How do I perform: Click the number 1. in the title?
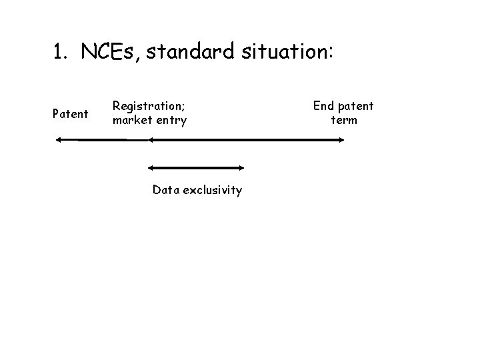click(x=61, y=52)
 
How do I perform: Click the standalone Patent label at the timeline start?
click(x=70, y=114)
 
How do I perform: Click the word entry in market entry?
click(x=171, y=121)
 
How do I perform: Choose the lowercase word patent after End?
click(x=356, y=105)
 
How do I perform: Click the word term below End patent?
click(x=344, y=121)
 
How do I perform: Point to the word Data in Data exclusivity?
click(x=166, y=190)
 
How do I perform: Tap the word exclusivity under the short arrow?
click(x=213, y=190)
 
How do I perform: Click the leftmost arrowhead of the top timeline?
click(x=59, y=139)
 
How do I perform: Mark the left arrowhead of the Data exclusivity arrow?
click(x=151, y=168)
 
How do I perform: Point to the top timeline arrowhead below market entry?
click(x=151, y=139)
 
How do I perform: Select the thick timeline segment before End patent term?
click(x=267, y=139)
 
